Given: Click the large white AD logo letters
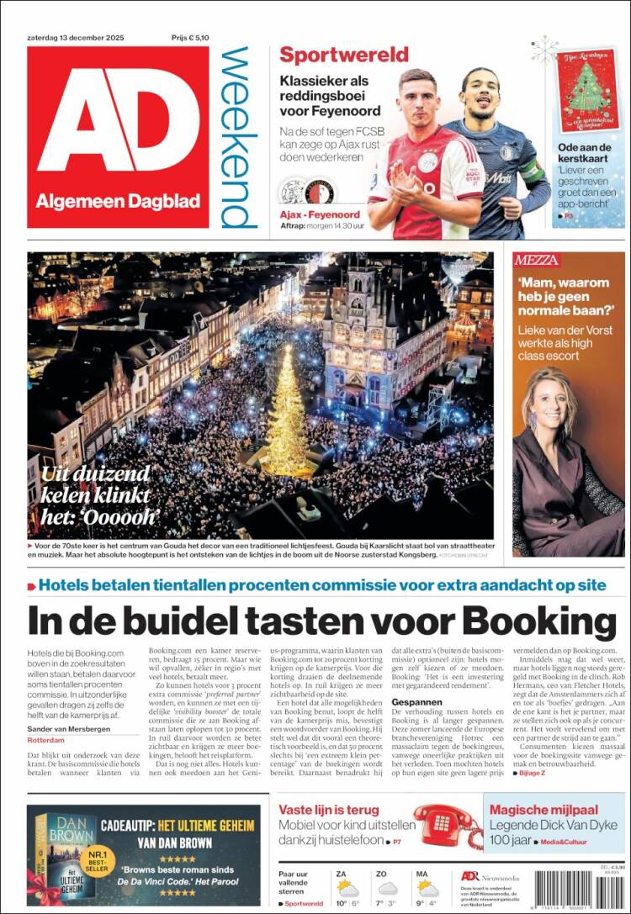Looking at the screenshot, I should coord(118,118).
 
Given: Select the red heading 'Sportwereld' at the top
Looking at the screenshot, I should coord(343,55).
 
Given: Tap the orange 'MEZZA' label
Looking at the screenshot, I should coord(537,261).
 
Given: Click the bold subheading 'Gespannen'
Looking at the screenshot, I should coord(416,725).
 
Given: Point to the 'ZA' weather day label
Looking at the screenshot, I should coord(341,874).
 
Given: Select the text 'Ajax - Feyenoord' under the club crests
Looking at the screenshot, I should coord(319,215).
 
